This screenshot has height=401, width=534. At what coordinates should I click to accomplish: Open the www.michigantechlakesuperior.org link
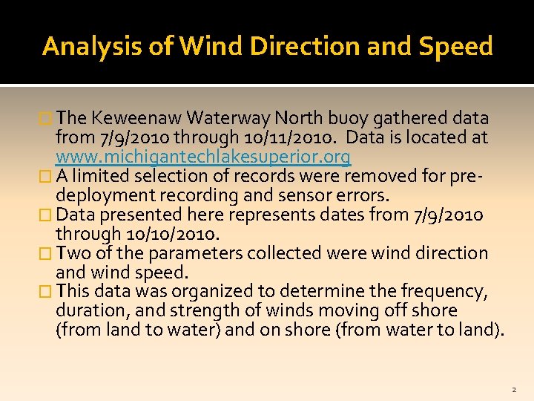point(203,157)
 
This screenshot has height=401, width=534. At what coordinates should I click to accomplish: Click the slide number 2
point(512,389)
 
